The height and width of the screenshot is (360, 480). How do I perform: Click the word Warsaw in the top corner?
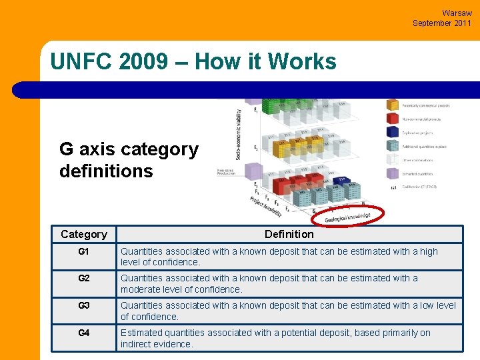pos(457,13)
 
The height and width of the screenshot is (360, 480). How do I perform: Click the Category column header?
pos(83,234)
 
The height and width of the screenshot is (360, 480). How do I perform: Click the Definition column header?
pos(289,234)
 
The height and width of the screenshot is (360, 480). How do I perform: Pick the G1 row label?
pos(83,252)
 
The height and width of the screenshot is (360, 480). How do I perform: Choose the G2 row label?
pos(83,278)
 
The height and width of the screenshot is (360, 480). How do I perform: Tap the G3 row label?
pos(83,305)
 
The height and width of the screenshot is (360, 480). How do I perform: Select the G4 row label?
pos(83,333)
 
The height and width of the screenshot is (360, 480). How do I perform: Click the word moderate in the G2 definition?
pos(142,289)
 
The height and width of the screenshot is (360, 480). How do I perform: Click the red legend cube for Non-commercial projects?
pos(393,119)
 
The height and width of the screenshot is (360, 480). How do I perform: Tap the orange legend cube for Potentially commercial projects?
pos(393,105)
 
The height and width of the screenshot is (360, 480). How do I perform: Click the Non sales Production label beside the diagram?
pos(227,172)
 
